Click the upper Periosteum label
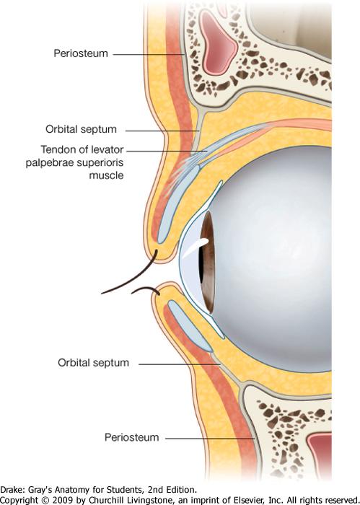81,53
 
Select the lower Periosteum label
132,437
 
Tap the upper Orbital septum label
81,129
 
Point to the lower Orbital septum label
93,363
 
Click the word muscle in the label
106,175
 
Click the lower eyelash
146,289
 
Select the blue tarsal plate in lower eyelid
190,326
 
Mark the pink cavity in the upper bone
218,41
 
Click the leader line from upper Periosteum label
149,54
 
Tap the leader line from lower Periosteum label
210,439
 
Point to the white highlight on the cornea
195,247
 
